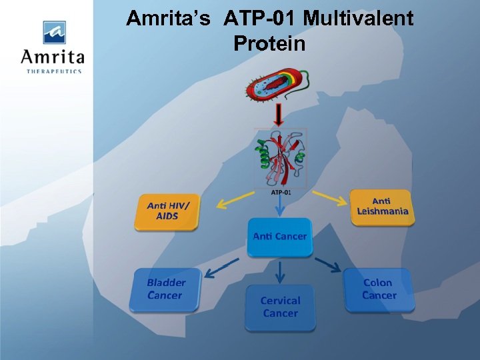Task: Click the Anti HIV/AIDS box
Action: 167,211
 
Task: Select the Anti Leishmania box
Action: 381,207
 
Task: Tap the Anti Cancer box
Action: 280,237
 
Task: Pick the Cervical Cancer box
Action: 280,307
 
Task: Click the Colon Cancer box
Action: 379,289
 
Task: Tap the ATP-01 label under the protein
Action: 281,193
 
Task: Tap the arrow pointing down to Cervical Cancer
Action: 280,271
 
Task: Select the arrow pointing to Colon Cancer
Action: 328,264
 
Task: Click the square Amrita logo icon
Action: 54,32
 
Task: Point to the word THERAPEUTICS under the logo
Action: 54,71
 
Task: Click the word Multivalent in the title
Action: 358,18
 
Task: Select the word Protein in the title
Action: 269,44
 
